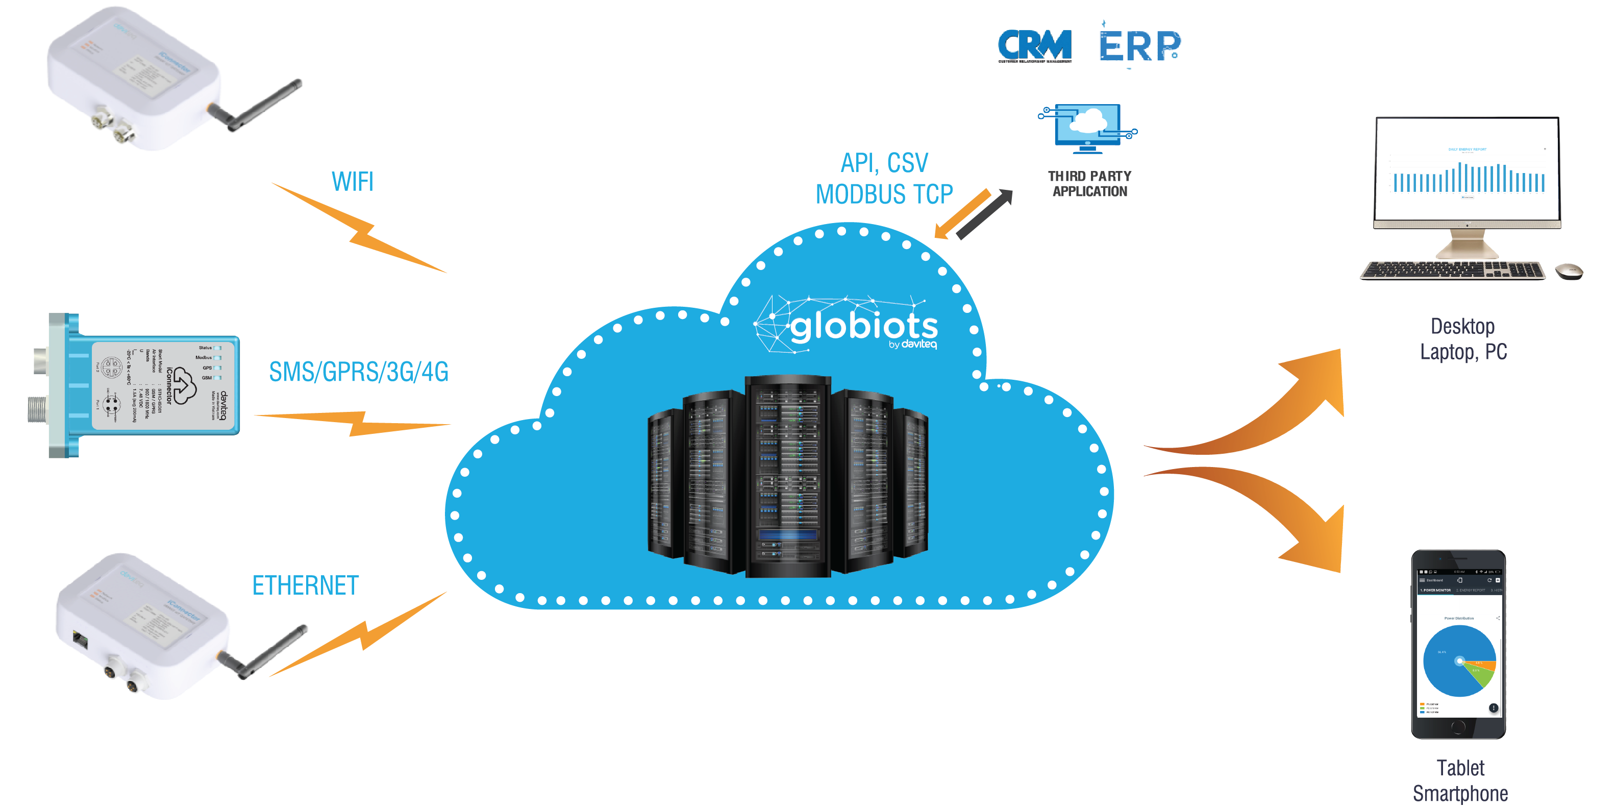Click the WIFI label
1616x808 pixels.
point(353,182)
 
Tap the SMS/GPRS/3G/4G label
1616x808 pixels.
point(358,372)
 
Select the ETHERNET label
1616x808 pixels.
point(305,585)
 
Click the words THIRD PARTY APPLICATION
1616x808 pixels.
point(1090,184)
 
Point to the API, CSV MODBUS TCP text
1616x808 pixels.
point(884,179)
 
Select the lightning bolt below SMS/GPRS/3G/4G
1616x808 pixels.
point(355,424)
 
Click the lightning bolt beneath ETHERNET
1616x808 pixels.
point(361,635)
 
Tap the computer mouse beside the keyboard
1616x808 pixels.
point(1569,272)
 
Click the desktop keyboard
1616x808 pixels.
point(1453,271)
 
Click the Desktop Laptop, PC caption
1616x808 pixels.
point(1463,339)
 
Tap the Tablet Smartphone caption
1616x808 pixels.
point(1460,780)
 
